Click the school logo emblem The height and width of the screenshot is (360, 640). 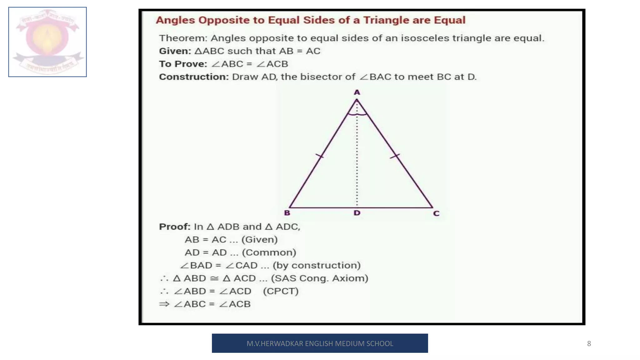tap(47, 42)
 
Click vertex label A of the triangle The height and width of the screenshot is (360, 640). tap(357, 92)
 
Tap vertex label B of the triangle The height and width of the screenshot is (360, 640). tap(287, 213)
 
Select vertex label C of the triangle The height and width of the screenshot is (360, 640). tap(436, 213)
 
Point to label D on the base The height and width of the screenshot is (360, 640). tap(357, 213)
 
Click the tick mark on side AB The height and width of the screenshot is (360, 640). tap(319, 156)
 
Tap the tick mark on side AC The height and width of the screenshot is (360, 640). tap(395, 156)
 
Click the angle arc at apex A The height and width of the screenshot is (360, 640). tap(357, 114)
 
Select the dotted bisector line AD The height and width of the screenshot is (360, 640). tap(357, 156)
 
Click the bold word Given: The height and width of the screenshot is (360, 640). tap(175, 51)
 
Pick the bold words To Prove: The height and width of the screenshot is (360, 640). tap(183, 64)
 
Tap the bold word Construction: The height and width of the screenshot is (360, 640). tap(194, 77)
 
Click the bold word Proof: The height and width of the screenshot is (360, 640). tap(174, 227)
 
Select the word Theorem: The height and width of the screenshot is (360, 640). tap(183, 38)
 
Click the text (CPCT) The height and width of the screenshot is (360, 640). tap(281, 291)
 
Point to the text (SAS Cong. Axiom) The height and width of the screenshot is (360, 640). tap(319, 278)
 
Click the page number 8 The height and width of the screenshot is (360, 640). tap(589, 343)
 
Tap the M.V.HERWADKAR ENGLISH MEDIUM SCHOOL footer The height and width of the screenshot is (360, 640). tap(320, 343)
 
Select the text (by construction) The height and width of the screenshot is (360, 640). tap(317, 265)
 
